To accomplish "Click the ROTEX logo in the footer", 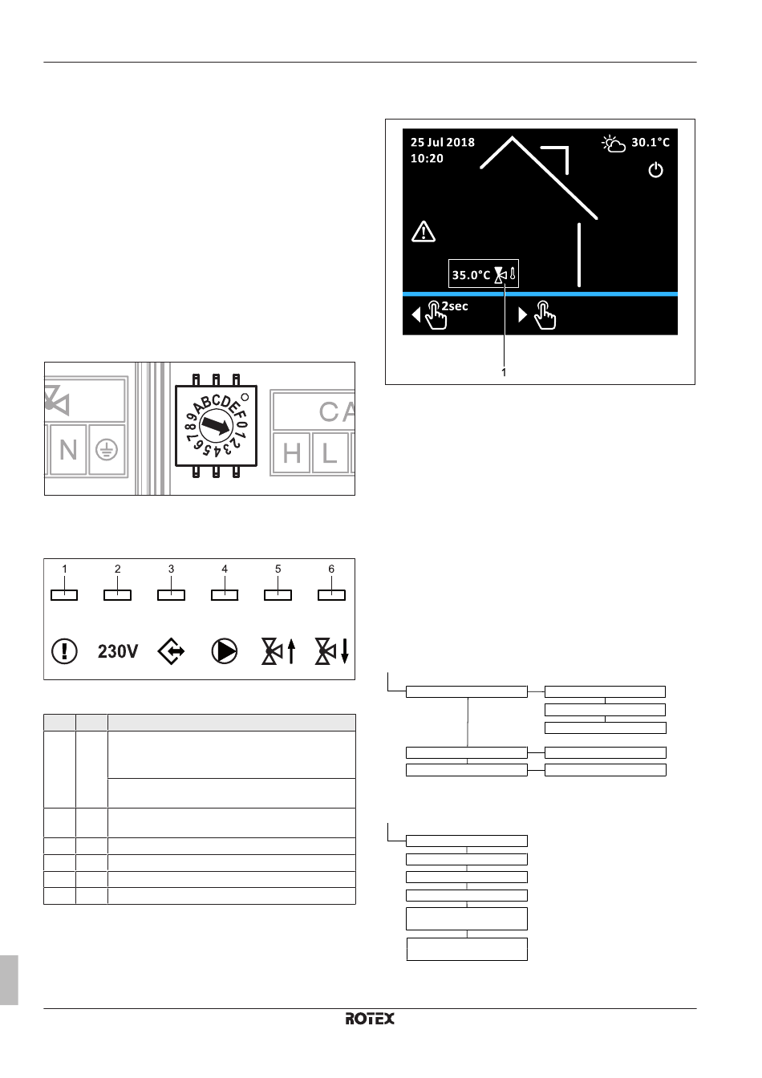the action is click(370, 1019).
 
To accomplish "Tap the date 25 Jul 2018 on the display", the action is click(443, 143).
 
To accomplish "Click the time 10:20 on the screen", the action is click(427, 158).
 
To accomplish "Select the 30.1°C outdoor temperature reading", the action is click(651, 143).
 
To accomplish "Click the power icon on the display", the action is click(655, 170).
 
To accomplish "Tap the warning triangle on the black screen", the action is click(424, 232).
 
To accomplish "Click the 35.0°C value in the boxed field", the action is click(471, 275).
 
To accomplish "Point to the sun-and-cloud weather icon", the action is click(614, 144).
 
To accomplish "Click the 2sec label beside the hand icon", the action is click(455, 306).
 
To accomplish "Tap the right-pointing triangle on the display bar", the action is click(523, 314).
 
